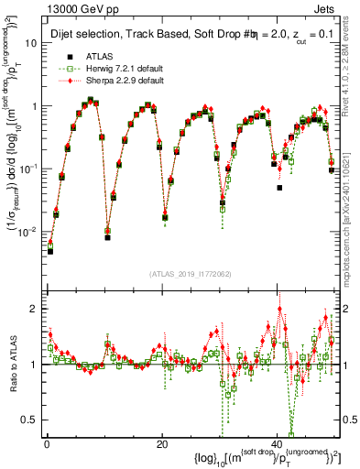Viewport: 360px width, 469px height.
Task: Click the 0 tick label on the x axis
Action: tap(47, 444)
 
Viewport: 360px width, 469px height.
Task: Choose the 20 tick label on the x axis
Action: tap(161, 444)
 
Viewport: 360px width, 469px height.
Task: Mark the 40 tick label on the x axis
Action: tap(277, 444)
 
